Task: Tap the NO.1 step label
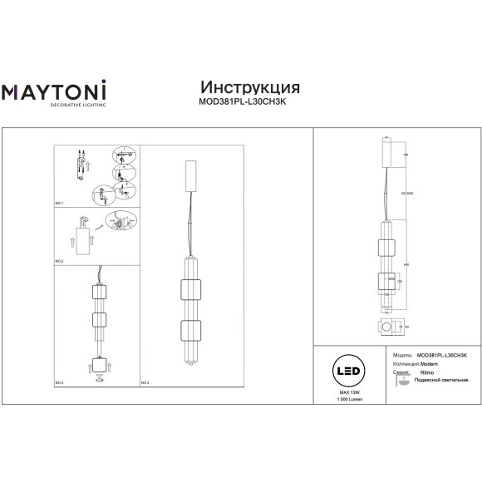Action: [x=60, y=203]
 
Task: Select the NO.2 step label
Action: [x=60, y=262]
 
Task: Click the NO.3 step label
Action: [x=60, y=382]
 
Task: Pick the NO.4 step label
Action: [x=145, y=382]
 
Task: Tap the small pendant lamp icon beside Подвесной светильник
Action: [x=401, y=383]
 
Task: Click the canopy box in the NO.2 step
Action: [x=86, y=238]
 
